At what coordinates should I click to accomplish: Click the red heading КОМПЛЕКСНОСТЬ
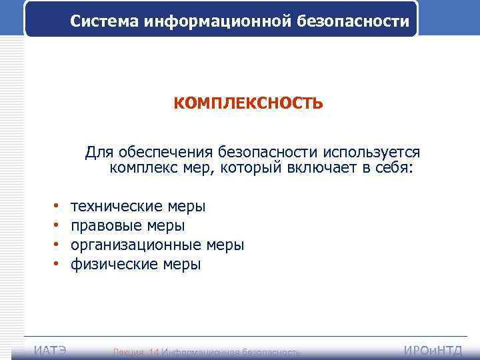click(x=249, y=104)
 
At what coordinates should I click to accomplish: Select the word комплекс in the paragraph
click(x=143, y=168)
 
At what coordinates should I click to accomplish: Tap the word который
click(x=251, y=168)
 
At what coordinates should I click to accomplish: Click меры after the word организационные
click(x=225, y=245)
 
